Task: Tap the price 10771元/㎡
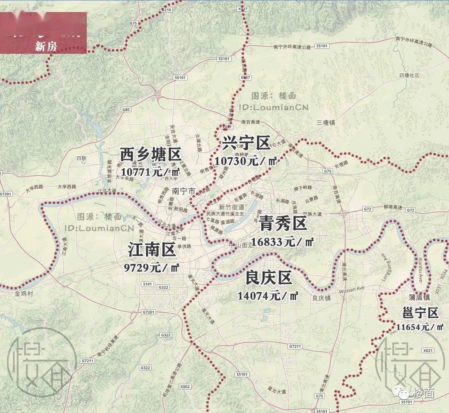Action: [150, 172]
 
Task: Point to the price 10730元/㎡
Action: [245, 161]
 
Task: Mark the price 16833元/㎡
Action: [283, 242]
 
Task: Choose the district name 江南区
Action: [152, 249]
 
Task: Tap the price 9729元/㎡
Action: [152, 268]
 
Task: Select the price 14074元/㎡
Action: [268, 296]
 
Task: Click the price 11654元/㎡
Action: [420, 327]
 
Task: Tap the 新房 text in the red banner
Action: [46, 47]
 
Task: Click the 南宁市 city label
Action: [183, 191]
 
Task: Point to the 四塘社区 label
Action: [409, 75]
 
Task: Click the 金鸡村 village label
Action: [24, 294]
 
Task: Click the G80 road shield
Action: [126, 110]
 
